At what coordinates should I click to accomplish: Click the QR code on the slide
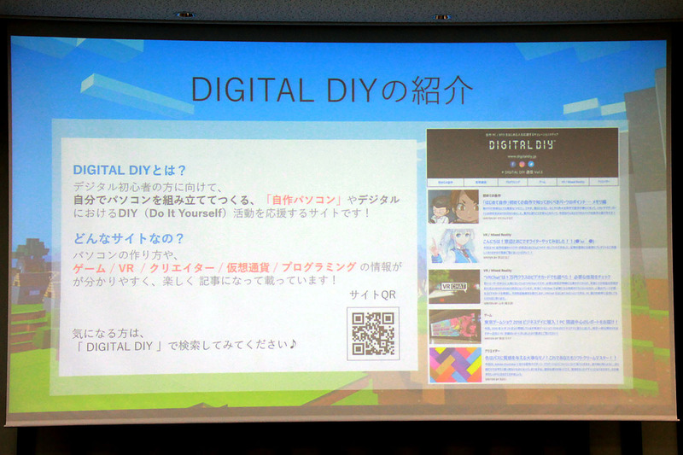tap(372, 333)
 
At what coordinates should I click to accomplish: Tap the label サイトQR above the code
tap(374, 295)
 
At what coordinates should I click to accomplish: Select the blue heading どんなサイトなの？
tap(129, 238)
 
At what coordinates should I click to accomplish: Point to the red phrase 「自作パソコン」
tap(304, 199)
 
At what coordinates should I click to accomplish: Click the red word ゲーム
tap(89, 268)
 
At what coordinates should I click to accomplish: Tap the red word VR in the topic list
tap(126, 268)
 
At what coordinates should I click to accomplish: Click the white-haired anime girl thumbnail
tap(453, 246)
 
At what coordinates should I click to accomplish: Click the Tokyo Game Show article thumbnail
tap(453, 325)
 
